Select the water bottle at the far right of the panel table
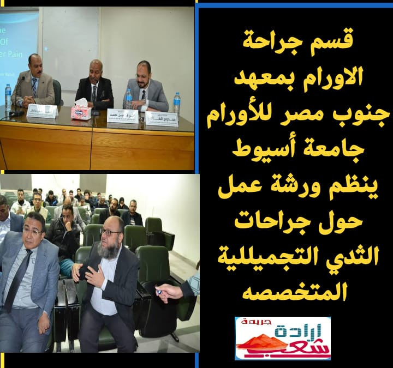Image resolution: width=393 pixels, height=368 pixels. pyautogui.click(x=177, y=103)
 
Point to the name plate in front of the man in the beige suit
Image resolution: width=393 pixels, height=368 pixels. pyautogui.click(x=42, y=111)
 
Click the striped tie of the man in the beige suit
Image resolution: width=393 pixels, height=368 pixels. pyautogui.click(x=34, y=86)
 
